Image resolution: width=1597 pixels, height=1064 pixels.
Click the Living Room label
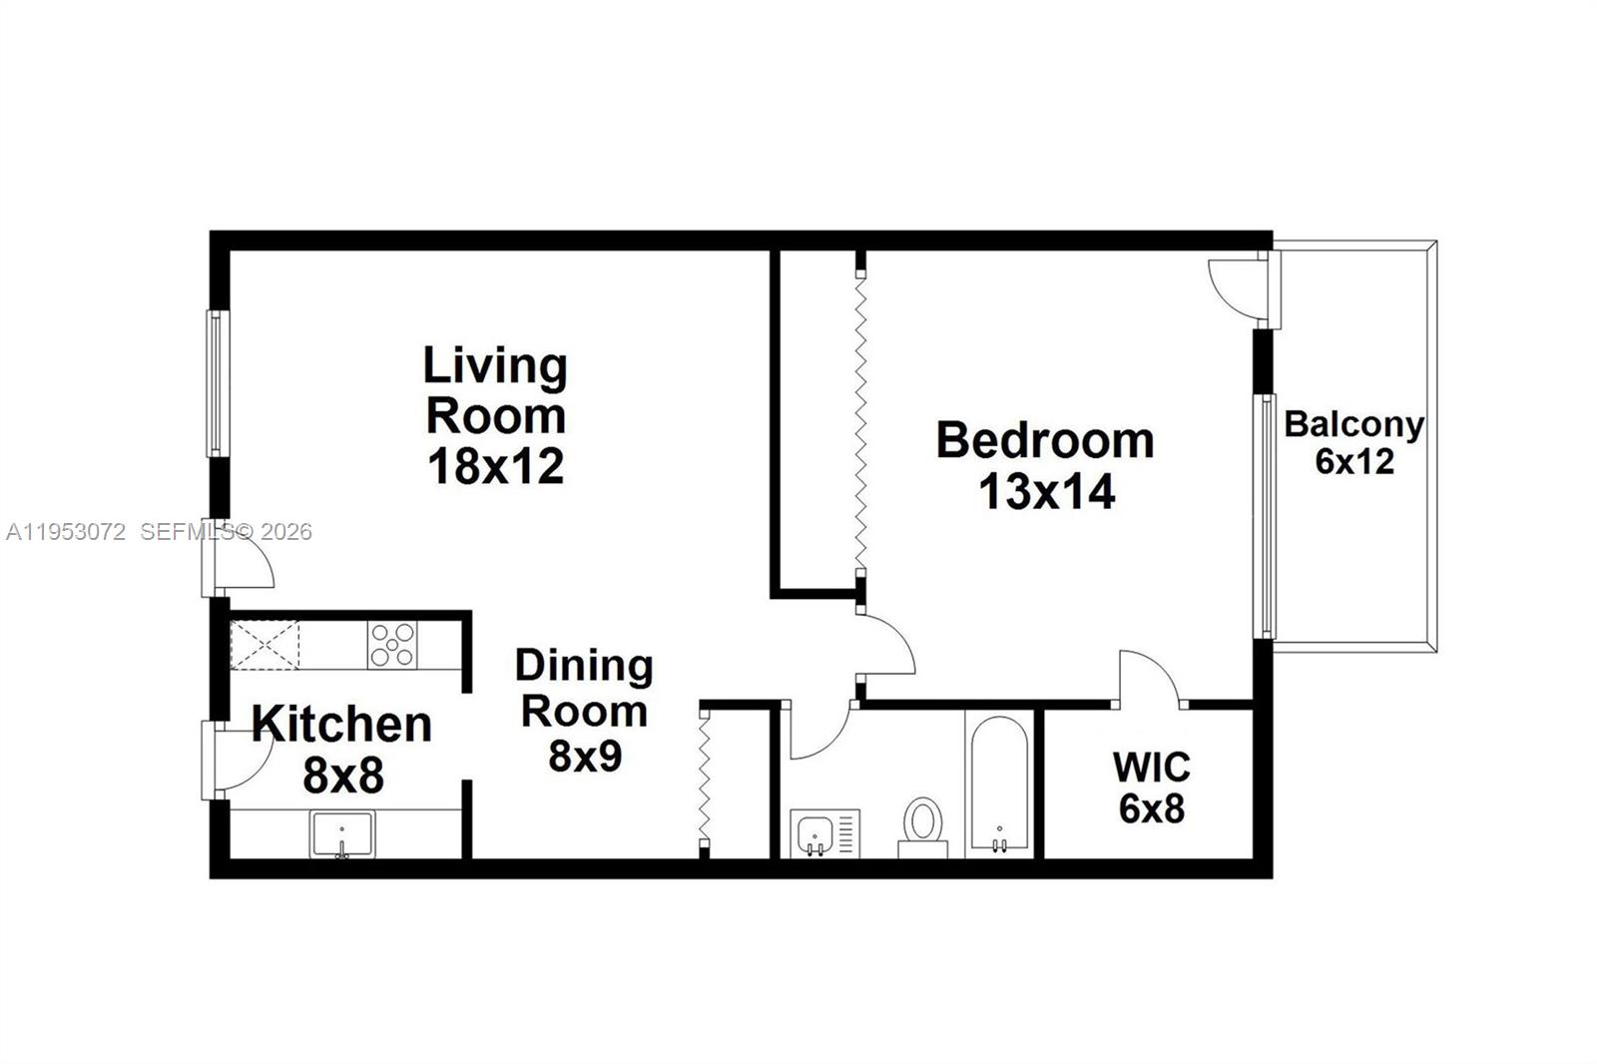pyautogui.click(x=495, y=390)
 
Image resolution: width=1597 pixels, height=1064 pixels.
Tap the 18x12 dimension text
pyautogui.click(x=495, y=466)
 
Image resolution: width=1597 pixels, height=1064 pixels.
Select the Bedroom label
pyautogui.click(x=1045, y=440)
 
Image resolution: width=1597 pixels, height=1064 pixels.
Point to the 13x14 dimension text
pyautogui.click(x=1046, y=491)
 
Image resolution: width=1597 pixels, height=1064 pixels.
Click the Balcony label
pyautogui.click(x=1353, y=425)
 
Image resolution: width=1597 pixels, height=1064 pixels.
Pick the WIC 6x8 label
pyautogui.click(x=1152, y=788)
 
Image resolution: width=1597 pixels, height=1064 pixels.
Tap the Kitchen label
pyautogui.click(x=341, y=724)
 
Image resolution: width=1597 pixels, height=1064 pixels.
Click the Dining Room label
pyautogui.click(x=584, y=688)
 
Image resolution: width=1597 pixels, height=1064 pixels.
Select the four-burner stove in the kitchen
pyautogui.click(x=392, y=644)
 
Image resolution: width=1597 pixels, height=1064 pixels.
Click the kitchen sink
pyautogui.click(x=342, y=833)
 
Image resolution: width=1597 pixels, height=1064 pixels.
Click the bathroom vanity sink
pyautogui.click(x=816, y=832)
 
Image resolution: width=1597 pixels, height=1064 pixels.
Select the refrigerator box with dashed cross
pyautogui.click(x=265, y=645)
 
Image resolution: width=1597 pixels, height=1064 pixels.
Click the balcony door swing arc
pyautogui.click(x=1232, y=285)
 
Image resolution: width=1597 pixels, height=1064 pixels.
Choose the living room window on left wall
pyautogui.click(x=216, y=384)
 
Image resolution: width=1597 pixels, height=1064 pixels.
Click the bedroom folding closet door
pyautogui.click(x=860, y=419)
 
